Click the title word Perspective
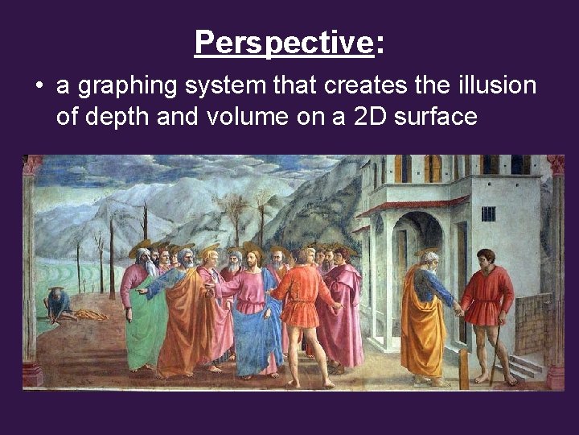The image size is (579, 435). pyautogui.click(x=284, y=43)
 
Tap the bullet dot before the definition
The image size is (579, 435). pyautogui.click(x=38, y=85)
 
